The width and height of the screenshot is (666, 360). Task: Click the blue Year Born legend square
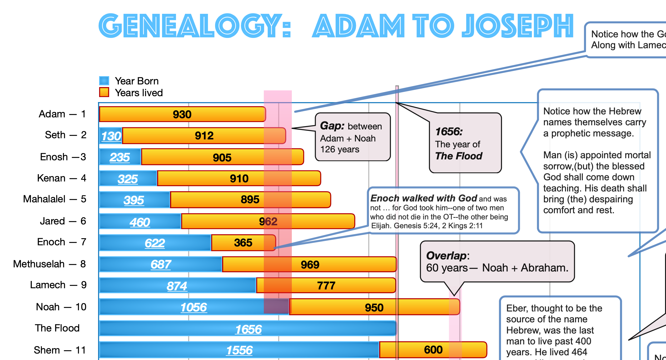104,81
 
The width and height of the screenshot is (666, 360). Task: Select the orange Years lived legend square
104,92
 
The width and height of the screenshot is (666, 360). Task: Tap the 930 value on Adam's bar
182,114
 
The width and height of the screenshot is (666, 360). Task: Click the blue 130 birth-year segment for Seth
111,136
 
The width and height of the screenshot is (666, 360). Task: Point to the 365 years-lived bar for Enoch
243,243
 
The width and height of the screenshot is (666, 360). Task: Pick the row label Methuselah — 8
49,264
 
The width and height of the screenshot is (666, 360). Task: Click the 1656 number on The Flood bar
248,329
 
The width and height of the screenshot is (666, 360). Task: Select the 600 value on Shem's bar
433,350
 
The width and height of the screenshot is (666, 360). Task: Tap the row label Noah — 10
61,307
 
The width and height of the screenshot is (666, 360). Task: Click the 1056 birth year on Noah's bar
194,307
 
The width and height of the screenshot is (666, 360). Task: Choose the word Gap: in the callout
332,126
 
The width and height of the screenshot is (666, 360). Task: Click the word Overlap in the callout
446,256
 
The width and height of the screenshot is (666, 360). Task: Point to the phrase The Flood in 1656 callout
459,156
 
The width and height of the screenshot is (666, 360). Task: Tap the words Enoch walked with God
424,198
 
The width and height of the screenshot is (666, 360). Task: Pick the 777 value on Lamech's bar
326,286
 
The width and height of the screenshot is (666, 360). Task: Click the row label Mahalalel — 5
54,199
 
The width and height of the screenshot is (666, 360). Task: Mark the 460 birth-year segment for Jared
140,222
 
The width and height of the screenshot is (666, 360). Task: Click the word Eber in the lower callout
517,308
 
